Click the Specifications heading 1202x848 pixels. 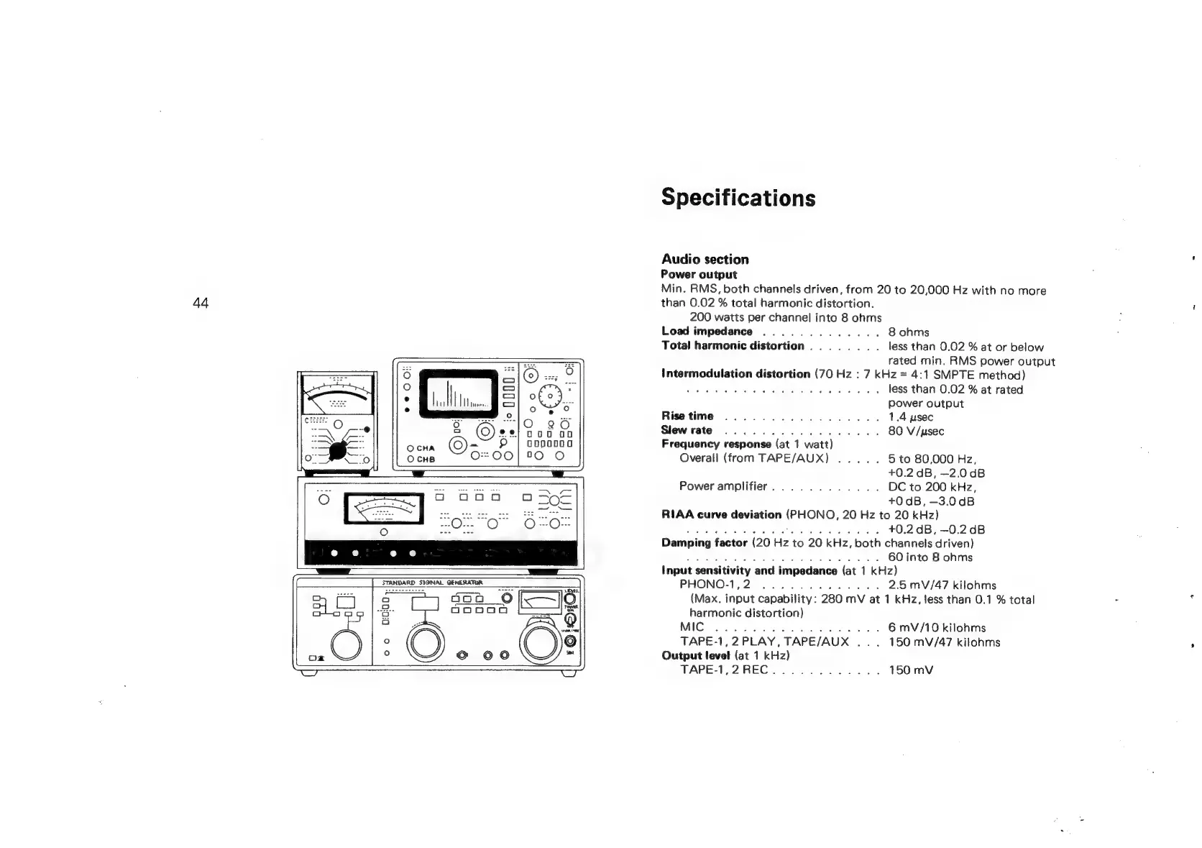(x=738, y=197)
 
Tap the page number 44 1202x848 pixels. (x=201, y=303)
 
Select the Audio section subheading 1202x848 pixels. (x=705, y=260)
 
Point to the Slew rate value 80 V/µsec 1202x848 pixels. (x=916, y=431)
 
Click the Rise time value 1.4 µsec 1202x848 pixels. (x=911, y=417)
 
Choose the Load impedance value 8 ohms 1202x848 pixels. (x=909, y=332)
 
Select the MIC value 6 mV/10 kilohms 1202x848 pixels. (x=937, y=628)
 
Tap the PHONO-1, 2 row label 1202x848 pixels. (x=715, y=585)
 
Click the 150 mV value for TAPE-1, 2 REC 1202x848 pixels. (x=911, y=670)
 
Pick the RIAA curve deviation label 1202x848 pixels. (x=721, y=515)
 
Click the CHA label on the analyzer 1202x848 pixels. (x=425, y=448)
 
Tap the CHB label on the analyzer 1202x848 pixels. (x=425, y=460)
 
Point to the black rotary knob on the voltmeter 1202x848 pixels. (x=337, y=451)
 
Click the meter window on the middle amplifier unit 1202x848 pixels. (x=384, y=509)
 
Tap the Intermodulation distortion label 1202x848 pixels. (x=735, y=375)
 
